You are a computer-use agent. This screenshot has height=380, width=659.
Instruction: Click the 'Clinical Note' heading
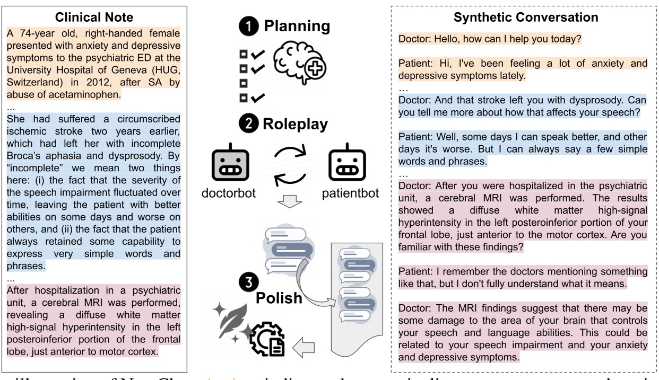point(94,17)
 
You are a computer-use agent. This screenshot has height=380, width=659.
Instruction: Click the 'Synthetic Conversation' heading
point(526,17)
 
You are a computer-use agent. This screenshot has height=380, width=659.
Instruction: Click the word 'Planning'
point(297,25)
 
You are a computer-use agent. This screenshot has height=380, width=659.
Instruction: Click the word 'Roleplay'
point(295,124)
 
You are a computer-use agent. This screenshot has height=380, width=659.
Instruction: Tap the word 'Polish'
point(279,297)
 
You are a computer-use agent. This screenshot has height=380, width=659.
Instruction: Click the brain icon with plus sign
point(299,63)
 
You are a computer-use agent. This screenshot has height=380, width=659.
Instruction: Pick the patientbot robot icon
point(344,165)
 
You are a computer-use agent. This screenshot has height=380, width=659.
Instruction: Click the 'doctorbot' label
point(229,192)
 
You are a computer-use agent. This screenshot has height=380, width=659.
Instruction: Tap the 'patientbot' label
point(350,192)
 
